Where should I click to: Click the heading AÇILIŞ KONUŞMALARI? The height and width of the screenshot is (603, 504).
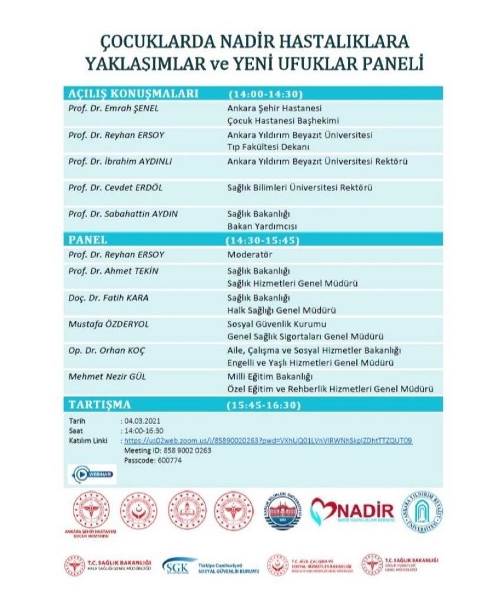(x=133, y=94)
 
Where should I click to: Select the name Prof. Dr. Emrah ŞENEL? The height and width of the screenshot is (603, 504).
(x=113, y=108)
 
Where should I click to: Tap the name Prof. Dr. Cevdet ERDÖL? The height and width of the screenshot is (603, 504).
(x=114, y=188)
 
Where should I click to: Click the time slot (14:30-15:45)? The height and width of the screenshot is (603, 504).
(x=263, y=241)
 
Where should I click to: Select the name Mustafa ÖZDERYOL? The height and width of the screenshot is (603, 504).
(x=105, y=324)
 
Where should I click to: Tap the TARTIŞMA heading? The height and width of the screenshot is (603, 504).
(x=100, y=405)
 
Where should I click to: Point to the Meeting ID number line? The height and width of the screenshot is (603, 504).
(x=167, y=450)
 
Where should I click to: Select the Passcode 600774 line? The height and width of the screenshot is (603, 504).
(x=152, y=460)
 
